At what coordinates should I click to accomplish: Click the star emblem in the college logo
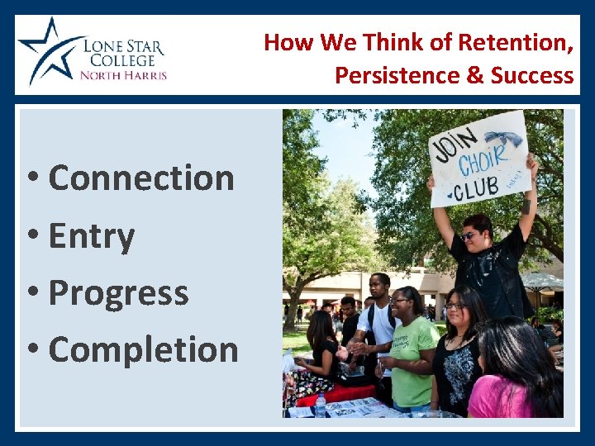tap(46, 50)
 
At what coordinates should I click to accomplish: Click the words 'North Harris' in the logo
tap(123, 75)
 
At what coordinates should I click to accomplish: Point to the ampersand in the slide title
tap(475, 75)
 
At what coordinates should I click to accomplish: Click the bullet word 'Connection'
tap(141, 178)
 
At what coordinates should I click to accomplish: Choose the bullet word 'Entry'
tap(91, 236)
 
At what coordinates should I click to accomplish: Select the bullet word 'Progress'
tap(118, 292)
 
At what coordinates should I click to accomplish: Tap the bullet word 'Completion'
tap(143, 349)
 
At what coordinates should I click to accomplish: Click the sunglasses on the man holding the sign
tap(469, 235)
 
